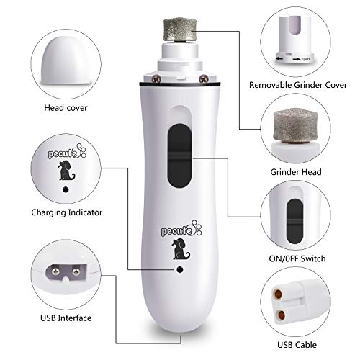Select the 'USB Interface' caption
coord(60,316)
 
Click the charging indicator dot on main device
coord(176,270)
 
